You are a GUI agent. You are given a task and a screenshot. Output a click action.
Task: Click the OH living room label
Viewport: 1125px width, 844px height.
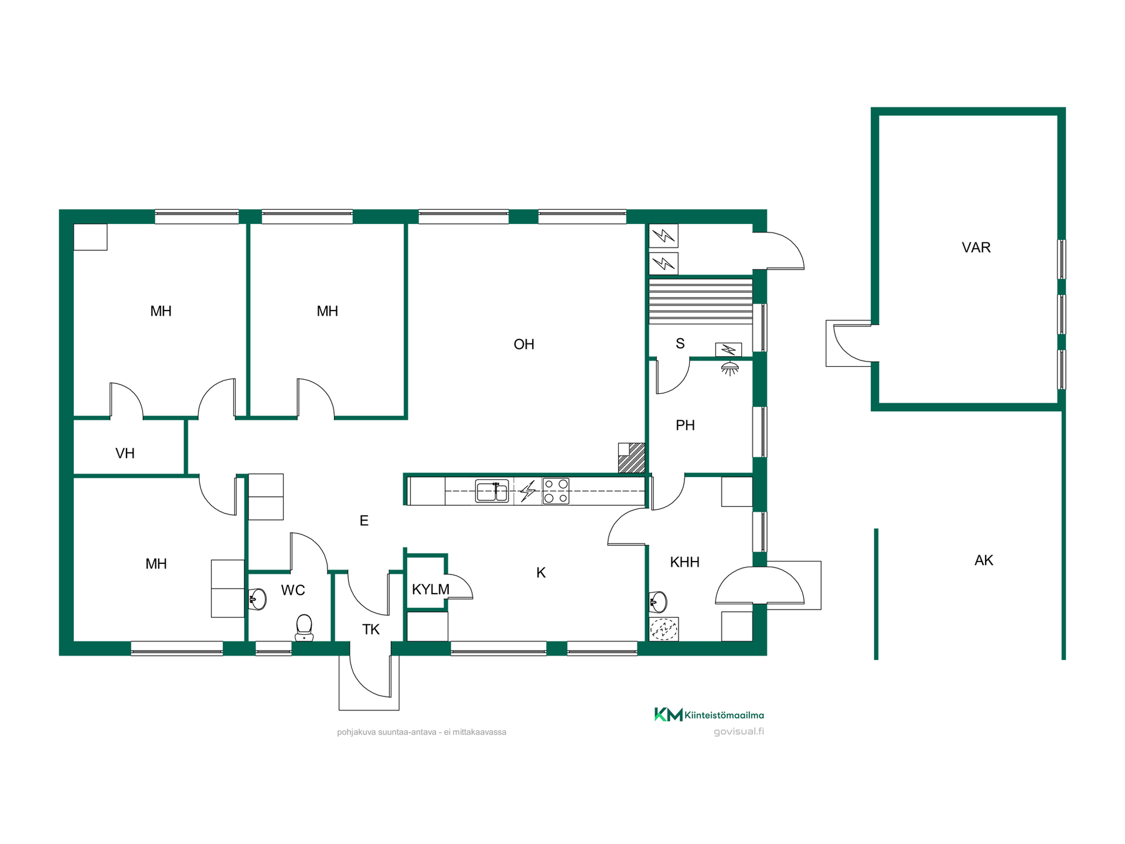pos(524,344)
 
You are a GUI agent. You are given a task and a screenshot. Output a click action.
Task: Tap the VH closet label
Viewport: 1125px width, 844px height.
pos(125,453)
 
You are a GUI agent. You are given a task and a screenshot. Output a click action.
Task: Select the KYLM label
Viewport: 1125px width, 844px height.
pos(431,589)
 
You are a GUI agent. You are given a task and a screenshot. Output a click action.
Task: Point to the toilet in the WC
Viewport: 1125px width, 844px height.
pos(304,628)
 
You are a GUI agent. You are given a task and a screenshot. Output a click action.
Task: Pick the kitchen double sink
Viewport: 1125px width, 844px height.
pos(492,491)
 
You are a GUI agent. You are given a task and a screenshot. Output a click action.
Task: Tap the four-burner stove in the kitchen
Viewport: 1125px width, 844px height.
pos(555,491)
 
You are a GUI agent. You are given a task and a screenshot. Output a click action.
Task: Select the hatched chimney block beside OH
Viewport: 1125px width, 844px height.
pos(632,458)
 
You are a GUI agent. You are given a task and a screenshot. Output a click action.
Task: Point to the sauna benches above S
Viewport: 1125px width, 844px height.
pos(701,301)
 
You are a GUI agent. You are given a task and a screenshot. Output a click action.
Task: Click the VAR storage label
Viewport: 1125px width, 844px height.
pos(976,247)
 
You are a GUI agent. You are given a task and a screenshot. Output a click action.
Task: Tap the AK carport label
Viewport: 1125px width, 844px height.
pos(984,560)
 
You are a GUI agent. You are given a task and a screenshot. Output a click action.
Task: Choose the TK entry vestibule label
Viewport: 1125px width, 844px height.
pos(371,629)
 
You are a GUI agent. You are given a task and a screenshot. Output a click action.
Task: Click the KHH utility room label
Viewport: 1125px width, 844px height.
pos(684,562)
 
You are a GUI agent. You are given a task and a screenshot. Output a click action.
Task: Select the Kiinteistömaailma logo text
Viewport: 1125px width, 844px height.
pos(724,715)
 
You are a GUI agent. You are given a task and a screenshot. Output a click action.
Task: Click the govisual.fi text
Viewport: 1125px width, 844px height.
pos(739,731)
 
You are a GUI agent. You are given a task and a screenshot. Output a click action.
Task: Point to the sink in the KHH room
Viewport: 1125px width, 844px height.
pos(658,601)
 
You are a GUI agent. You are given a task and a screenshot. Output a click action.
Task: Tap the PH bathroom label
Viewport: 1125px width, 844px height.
pos(685,425)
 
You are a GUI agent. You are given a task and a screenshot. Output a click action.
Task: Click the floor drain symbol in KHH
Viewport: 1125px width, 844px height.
pos(664,629)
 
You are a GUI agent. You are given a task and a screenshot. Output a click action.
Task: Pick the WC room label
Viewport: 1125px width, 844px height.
pos(293,590)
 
